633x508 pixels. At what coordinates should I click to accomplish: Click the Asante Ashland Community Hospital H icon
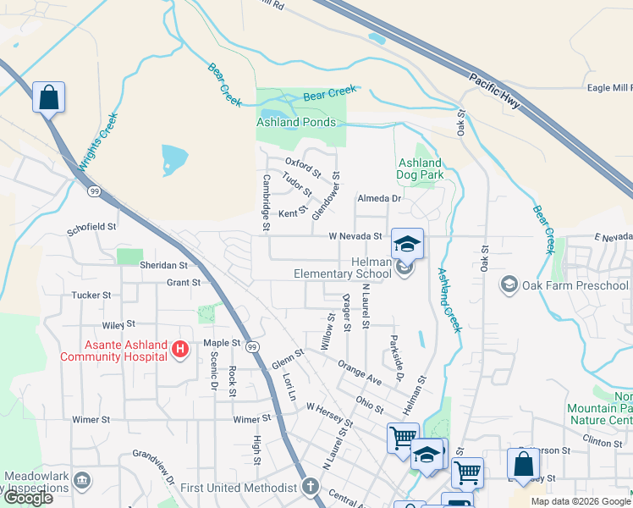coord(179,349)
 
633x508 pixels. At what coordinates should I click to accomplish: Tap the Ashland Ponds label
coord(290,122)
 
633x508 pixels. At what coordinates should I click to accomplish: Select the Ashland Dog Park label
coord(420,168)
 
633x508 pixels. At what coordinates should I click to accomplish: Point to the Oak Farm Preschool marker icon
coord(509,284)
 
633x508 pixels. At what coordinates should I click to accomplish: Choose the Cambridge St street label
coord(266,202)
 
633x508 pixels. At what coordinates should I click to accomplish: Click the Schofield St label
coord(91,228)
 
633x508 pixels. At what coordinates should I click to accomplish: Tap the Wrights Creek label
coord(95,151)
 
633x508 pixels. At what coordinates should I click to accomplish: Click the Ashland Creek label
coord(449,300)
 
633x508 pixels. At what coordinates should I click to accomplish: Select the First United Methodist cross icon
coord(311,487)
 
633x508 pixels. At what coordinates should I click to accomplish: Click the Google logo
coord(27,497)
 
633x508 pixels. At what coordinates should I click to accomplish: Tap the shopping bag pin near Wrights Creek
coord(49,97)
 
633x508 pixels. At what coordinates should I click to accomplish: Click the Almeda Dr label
coord(378,198)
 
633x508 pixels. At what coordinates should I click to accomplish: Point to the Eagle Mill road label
coord(609,87)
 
